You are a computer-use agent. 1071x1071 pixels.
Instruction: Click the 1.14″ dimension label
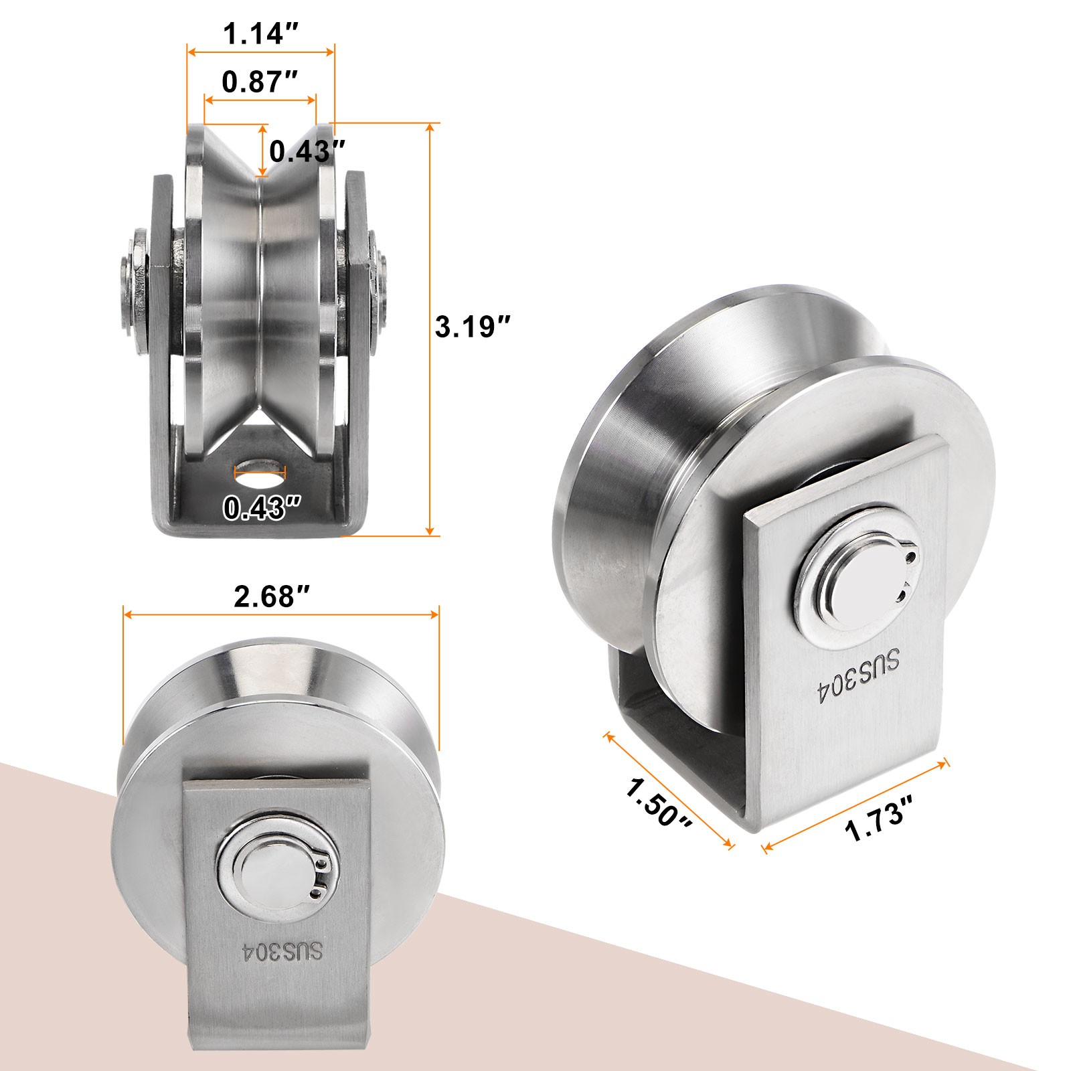260,33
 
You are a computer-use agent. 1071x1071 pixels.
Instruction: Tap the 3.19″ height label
473,328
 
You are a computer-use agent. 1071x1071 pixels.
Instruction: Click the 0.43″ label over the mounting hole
260,509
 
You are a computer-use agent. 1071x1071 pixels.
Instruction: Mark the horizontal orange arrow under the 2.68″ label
281,614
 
